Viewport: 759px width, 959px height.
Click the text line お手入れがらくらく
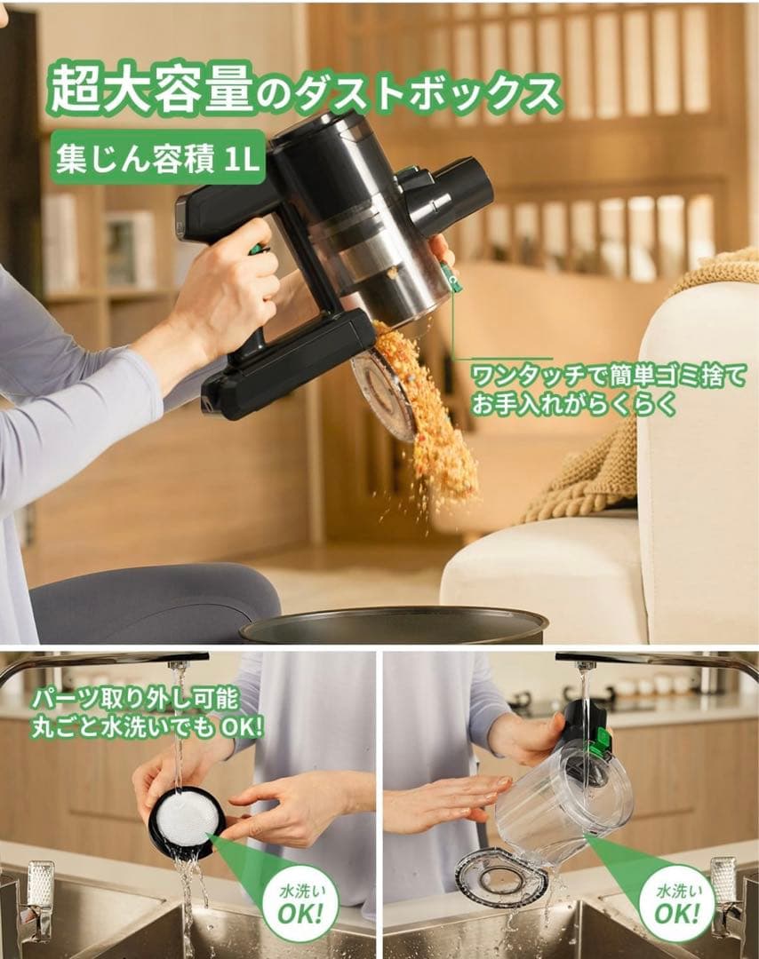pos(573,405)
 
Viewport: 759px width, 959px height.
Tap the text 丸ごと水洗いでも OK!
pos(147,726)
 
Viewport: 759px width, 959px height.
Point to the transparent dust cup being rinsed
pos(560,799)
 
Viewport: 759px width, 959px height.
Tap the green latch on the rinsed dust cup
pos(601,741)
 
